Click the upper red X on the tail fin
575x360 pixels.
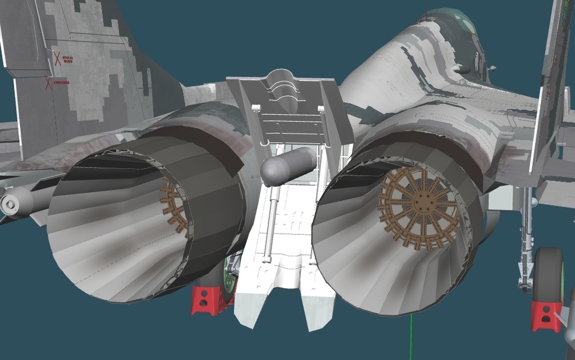pyautogui.click(x=57, y=58)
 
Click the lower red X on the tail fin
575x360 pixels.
pyautogui.click(x=49, y=84)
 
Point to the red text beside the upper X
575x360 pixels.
pyautogui.click(x=67, y=59)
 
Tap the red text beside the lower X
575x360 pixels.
pyautogui.click(x=61, y=83)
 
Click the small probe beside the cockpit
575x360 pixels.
pyautogui.click(x=492, y=69)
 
